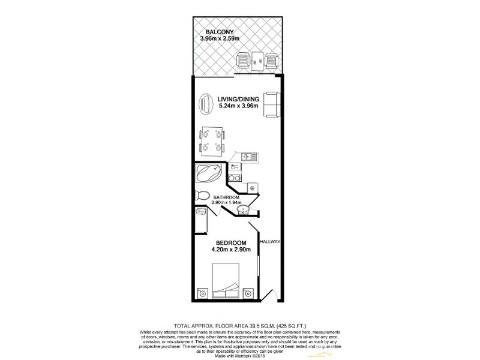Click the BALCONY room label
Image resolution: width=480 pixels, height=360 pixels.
point(219,32)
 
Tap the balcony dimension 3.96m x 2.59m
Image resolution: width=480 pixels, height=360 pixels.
point(220,40)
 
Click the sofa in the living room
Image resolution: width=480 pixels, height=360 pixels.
point(271,105)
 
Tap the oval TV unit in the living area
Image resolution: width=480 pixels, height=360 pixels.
point(206,106)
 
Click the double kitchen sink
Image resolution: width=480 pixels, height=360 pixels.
point(248,157)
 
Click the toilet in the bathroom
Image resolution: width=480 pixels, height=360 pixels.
point(202,196)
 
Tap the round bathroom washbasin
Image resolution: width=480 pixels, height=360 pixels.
point(243,209)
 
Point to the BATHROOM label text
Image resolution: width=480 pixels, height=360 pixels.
point(226,197)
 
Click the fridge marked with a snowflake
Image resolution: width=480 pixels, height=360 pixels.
point(253,187)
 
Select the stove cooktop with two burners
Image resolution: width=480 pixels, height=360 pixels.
point(235,178)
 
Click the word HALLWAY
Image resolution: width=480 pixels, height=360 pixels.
point(271,242)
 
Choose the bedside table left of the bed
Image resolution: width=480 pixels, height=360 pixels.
point(202,293)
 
